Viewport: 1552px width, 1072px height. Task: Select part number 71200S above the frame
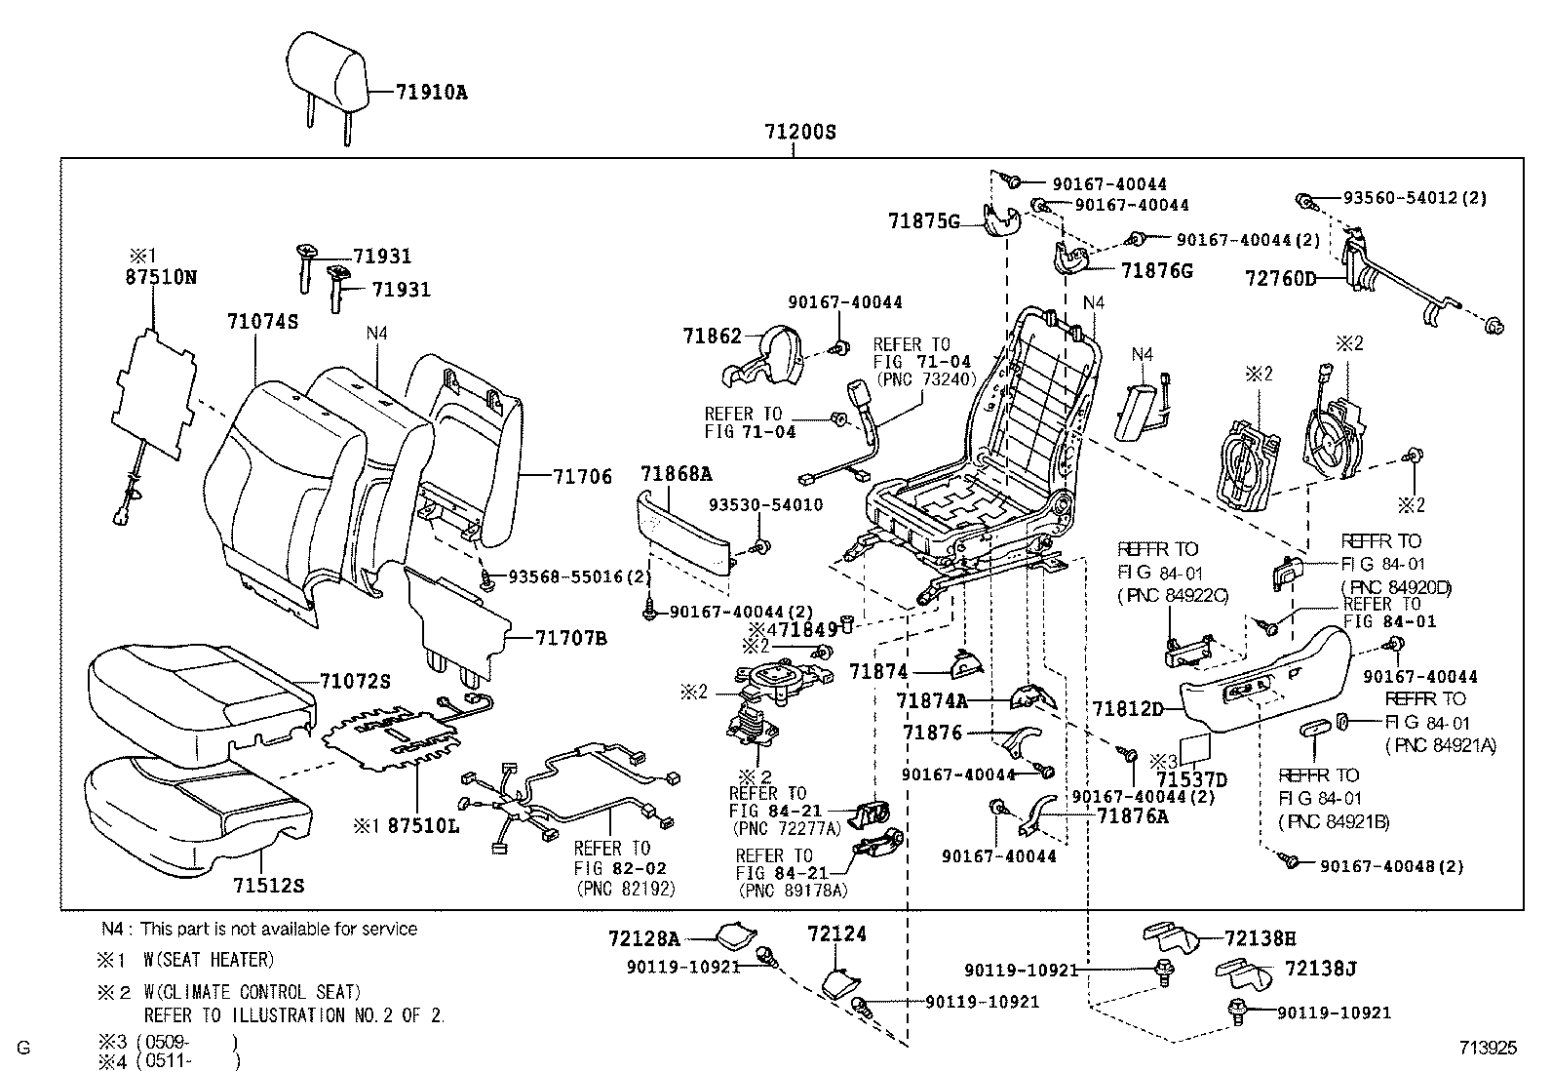click(800, 132)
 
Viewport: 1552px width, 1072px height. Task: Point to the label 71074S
click(262, 321)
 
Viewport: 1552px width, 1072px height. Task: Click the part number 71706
click(582, 477)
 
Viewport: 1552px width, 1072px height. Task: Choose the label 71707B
click(570, 639)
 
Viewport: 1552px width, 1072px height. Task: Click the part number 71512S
click(268, 886)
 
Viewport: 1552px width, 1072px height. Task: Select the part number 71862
click(713, 336)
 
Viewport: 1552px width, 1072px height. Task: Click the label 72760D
click(1280, 279)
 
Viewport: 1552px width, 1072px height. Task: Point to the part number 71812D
click(1128, 709)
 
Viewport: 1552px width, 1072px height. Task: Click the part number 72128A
click(643, 939)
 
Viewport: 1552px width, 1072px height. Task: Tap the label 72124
click(837, 934)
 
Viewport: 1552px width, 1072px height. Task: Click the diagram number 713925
click(1488, 1049)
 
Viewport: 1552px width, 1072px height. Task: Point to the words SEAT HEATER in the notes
click(214, 961)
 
